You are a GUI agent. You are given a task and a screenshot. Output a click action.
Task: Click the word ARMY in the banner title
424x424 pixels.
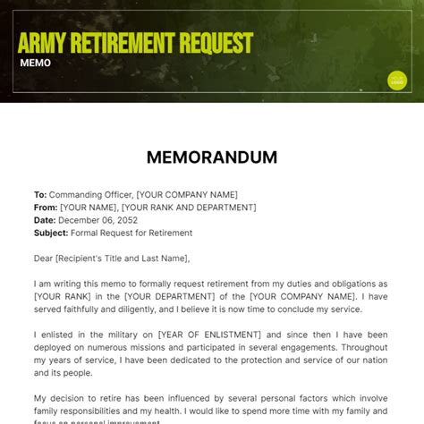point(44,43)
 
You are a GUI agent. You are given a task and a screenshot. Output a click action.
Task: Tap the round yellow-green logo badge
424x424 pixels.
point(397,81)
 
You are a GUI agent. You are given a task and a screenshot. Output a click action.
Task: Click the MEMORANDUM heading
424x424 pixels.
point(212,157)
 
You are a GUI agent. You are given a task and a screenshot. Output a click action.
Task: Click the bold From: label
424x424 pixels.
point(46,208)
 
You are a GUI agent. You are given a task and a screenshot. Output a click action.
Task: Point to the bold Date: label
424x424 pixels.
point(45,220)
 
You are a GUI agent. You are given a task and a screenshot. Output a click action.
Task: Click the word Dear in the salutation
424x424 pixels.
point(44,259)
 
